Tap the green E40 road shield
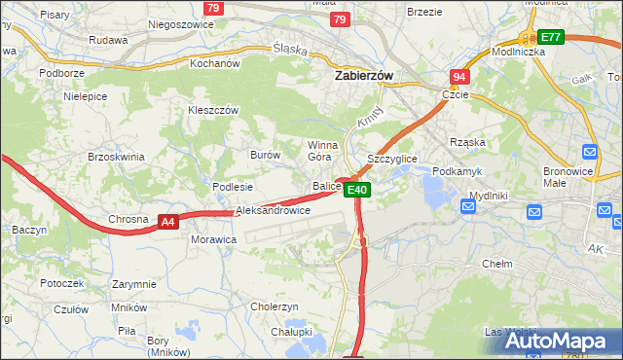357,190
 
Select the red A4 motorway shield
168,222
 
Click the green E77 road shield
551,37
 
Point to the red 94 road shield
459,76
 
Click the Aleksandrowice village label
273,210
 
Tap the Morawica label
214,238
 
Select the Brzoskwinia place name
116,157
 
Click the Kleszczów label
213,111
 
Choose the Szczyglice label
391,158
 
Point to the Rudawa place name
108,40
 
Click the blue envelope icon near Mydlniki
534,211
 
